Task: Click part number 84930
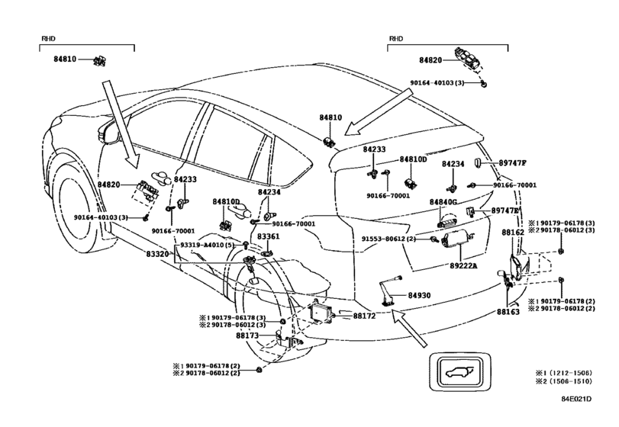(x=419, y=295)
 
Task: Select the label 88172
(x=364, y=316)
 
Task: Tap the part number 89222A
(x=463, y=265)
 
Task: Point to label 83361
(x=269, y=236)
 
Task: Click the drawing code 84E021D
(x=576, y=399)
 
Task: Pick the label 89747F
(x=512, y=163)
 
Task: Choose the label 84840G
(x=443, y=202)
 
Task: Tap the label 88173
(x=247, y=335)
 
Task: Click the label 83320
(x=158, y=254)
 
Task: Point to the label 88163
(x=508, y=312)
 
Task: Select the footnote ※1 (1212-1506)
(x=564, y=373)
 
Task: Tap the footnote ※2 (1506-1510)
(x=564, y=381)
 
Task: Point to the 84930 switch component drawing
(x=389, y=291)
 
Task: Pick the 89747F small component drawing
(x=477, y=162)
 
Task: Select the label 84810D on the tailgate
(x=414, y=159)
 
